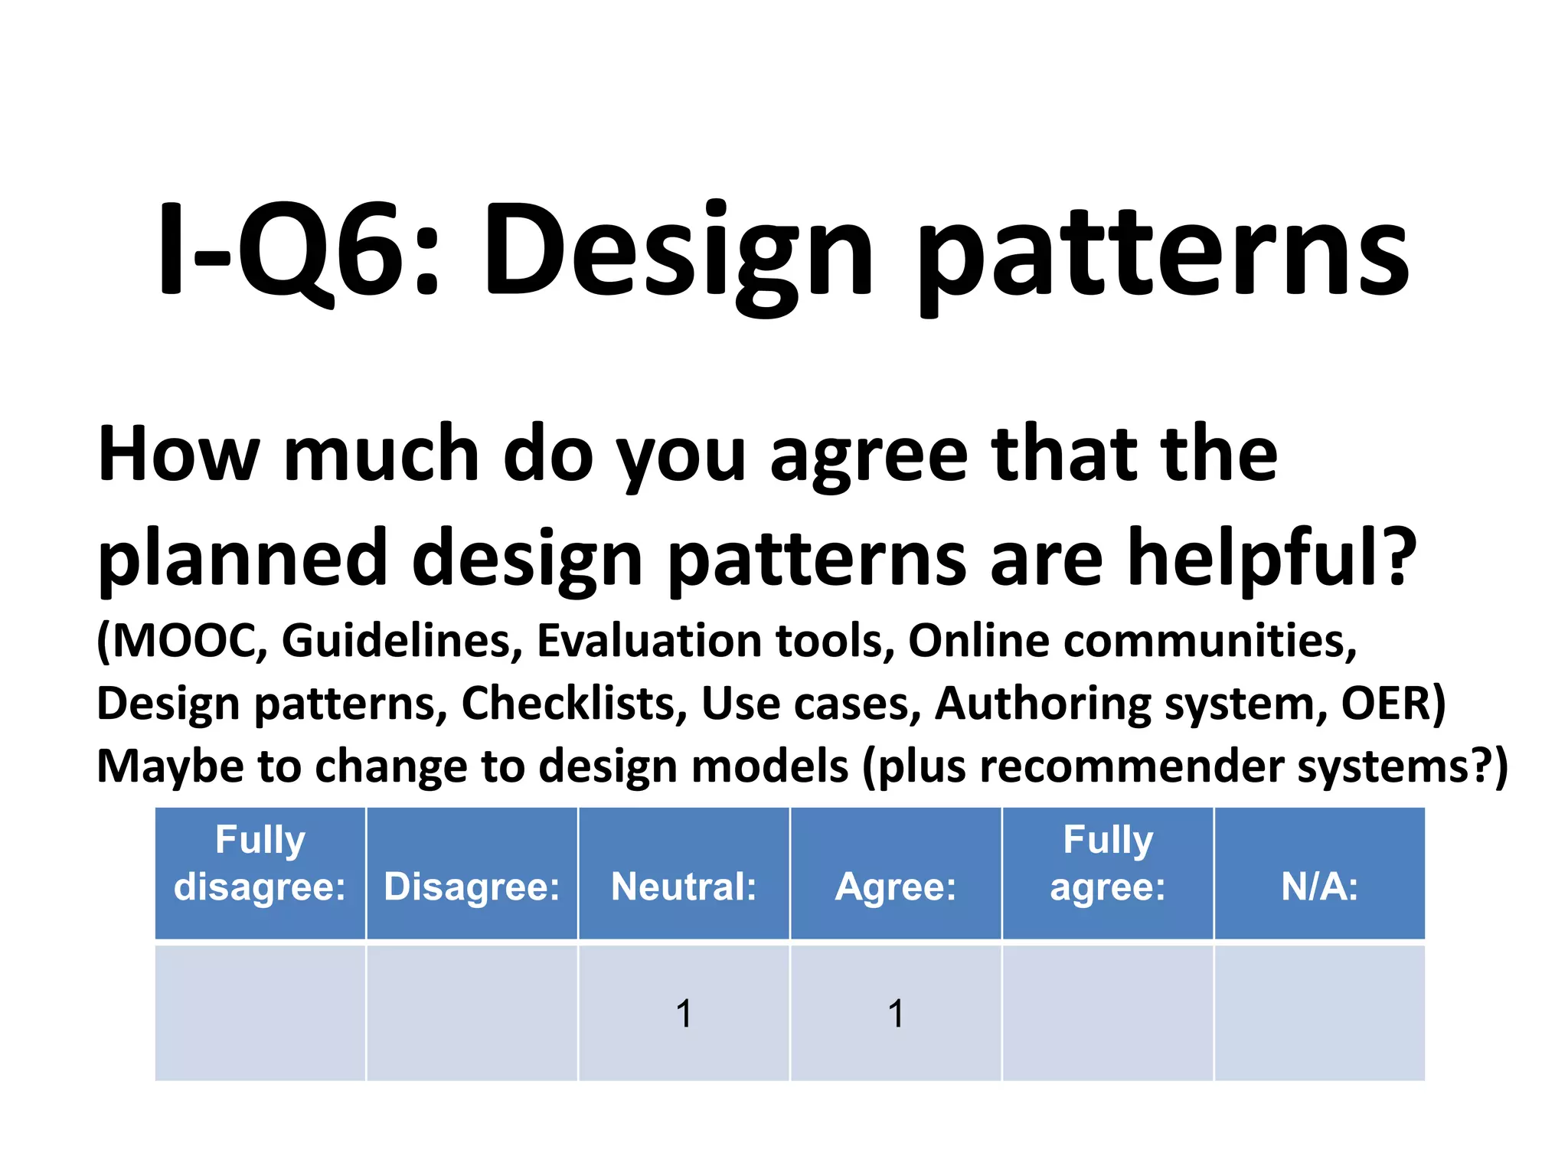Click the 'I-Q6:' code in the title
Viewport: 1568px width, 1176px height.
[x=299, y=249]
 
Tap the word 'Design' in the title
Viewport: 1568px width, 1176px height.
[x=678, y=253]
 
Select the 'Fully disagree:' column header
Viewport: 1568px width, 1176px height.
[x=260, y=864]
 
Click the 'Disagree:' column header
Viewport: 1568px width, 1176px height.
[x=472, y=887]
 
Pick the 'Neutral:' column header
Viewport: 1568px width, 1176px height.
[x=684, y=887]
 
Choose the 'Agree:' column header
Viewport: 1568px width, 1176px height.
[x=896, y=887]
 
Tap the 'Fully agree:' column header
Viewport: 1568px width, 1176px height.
[x=1108, y=864]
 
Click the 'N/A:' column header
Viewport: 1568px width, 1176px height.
[x=1319, y=887]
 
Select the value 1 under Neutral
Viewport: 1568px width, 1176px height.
[x=684, y=1014]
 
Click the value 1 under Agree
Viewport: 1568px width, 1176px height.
[x=896, y=1014]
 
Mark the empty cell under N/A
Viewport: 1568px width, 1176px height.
[x=1319, y=1014]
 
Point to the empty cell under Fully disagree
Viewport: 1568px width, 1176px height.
[x=260, y=1014]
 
